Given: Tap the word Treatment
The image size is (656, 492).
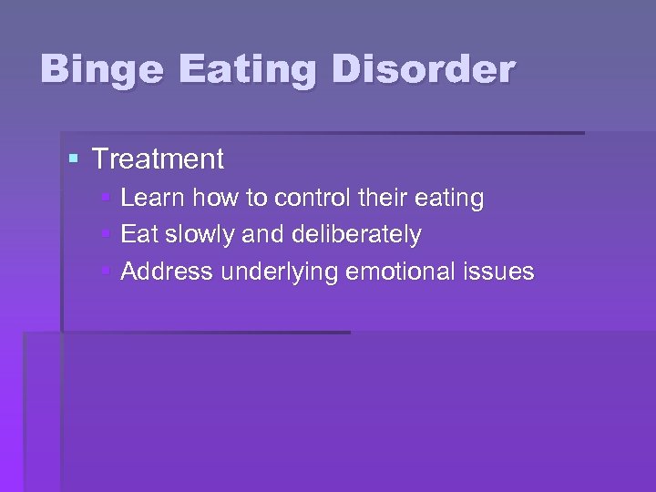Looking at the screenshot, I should [x=158, y=159].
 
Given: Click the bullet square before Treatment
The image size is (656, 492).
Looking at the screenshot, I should [x=74, y=159].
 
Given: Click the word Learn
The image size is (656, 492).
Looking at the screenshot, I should [x=152, y=198].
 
